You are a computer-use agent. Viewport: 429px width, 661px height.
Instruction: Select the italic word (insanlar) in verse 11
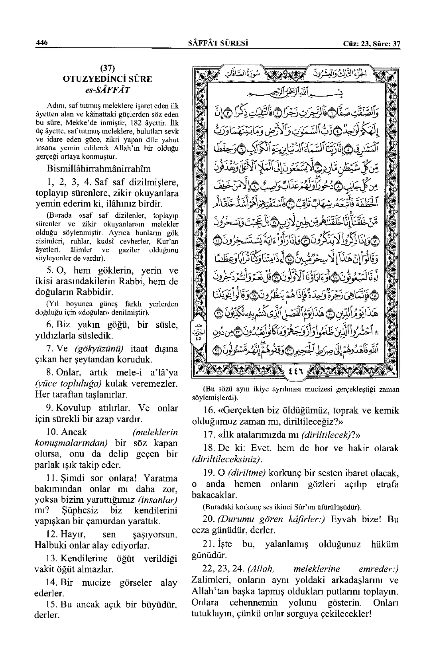[x=157, y=500]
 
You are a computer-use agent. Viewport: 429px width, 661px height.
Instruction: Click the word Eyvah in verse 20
[x=345, y=519]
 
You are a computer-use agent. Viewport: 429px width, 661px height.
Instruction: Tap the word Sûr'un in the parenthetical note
[x=293, y=507]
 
